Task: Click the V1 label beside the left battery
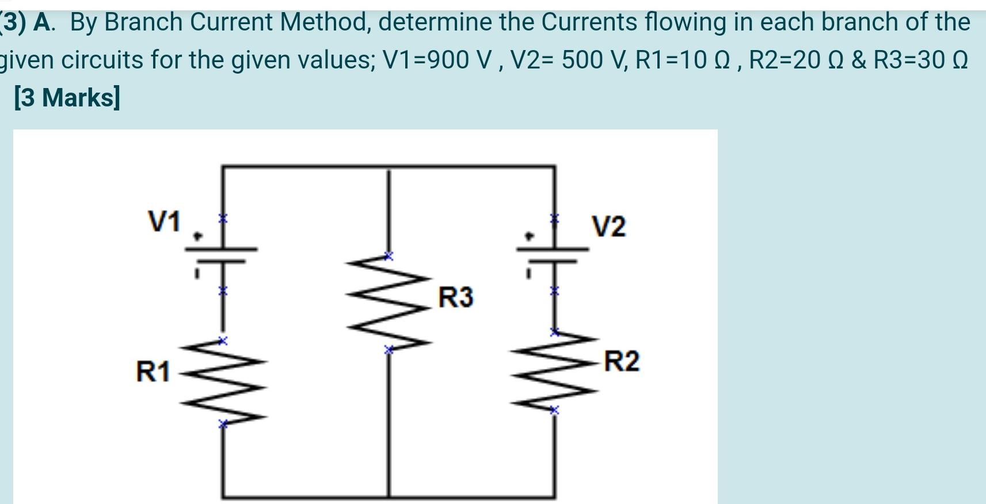tap(164, 222)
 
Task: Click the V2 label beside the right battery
tap(609, 227)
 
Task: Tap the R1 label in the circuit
tap(153, 372)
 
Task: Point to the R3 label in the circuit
tap(456, 297)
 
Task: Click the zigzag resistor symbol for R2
tap(554, 371)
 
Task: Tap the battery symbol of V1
tap(222, 255)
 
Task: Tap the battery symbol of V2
tap(553, 255)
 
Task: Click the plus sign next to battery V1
tap(197, 236)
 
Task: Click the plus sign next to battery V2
tap(528, 236)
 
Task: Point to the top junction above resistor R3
tap(389, 166)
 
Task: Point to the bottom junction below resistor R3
tap(389, 496)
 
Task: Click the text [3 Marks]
tap(67, 97)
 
